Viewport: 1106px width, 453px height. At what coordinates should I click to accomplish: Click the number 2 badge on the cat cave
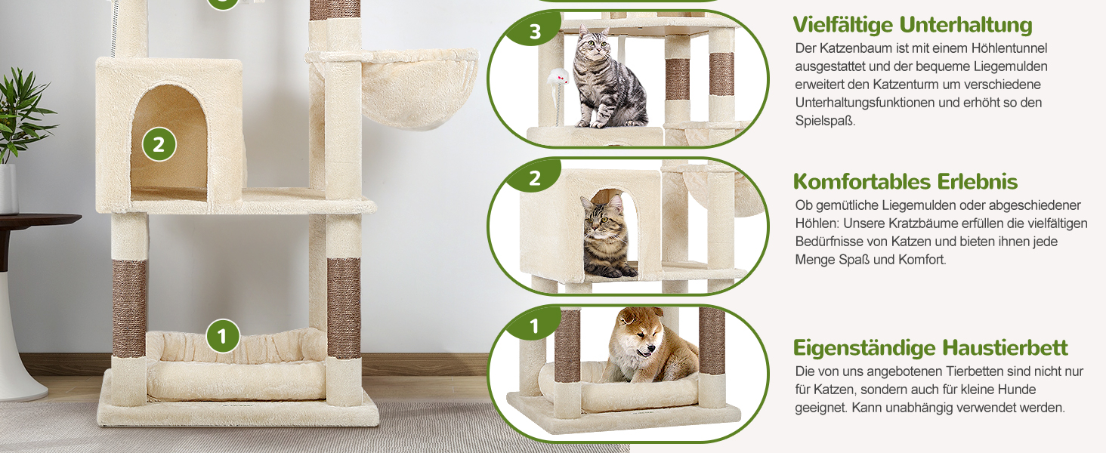tap(159, 145)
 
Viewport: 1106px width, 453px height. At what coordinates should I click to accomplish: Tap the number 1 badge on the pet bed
tap(222, 336)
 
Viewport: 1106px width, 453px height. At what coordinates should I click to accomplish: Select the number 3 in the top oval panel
tap(535, 32)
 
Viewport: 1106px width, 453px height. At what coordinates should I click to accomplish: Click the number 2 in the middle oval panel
tap(535, 178)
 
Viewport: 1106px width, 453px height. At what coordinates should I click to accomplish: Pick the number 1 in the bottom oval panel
tap(534, 325)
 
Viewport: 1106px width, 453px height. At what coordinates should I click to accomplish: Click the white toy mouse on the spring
tap(558, 77)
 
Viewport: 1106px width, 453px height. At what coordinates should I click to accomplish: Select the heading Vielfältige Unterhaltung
tap(913, 25)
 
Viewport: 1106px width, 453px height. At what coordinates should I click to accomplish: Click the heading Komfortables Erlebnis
tap(905, 181)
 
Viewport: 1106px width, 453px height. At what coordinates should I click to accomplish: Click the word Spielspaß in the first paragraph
tap(824, 121)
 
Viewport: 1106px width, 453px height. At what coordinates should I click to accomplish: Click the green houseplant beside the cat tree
tap(22, 116)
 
